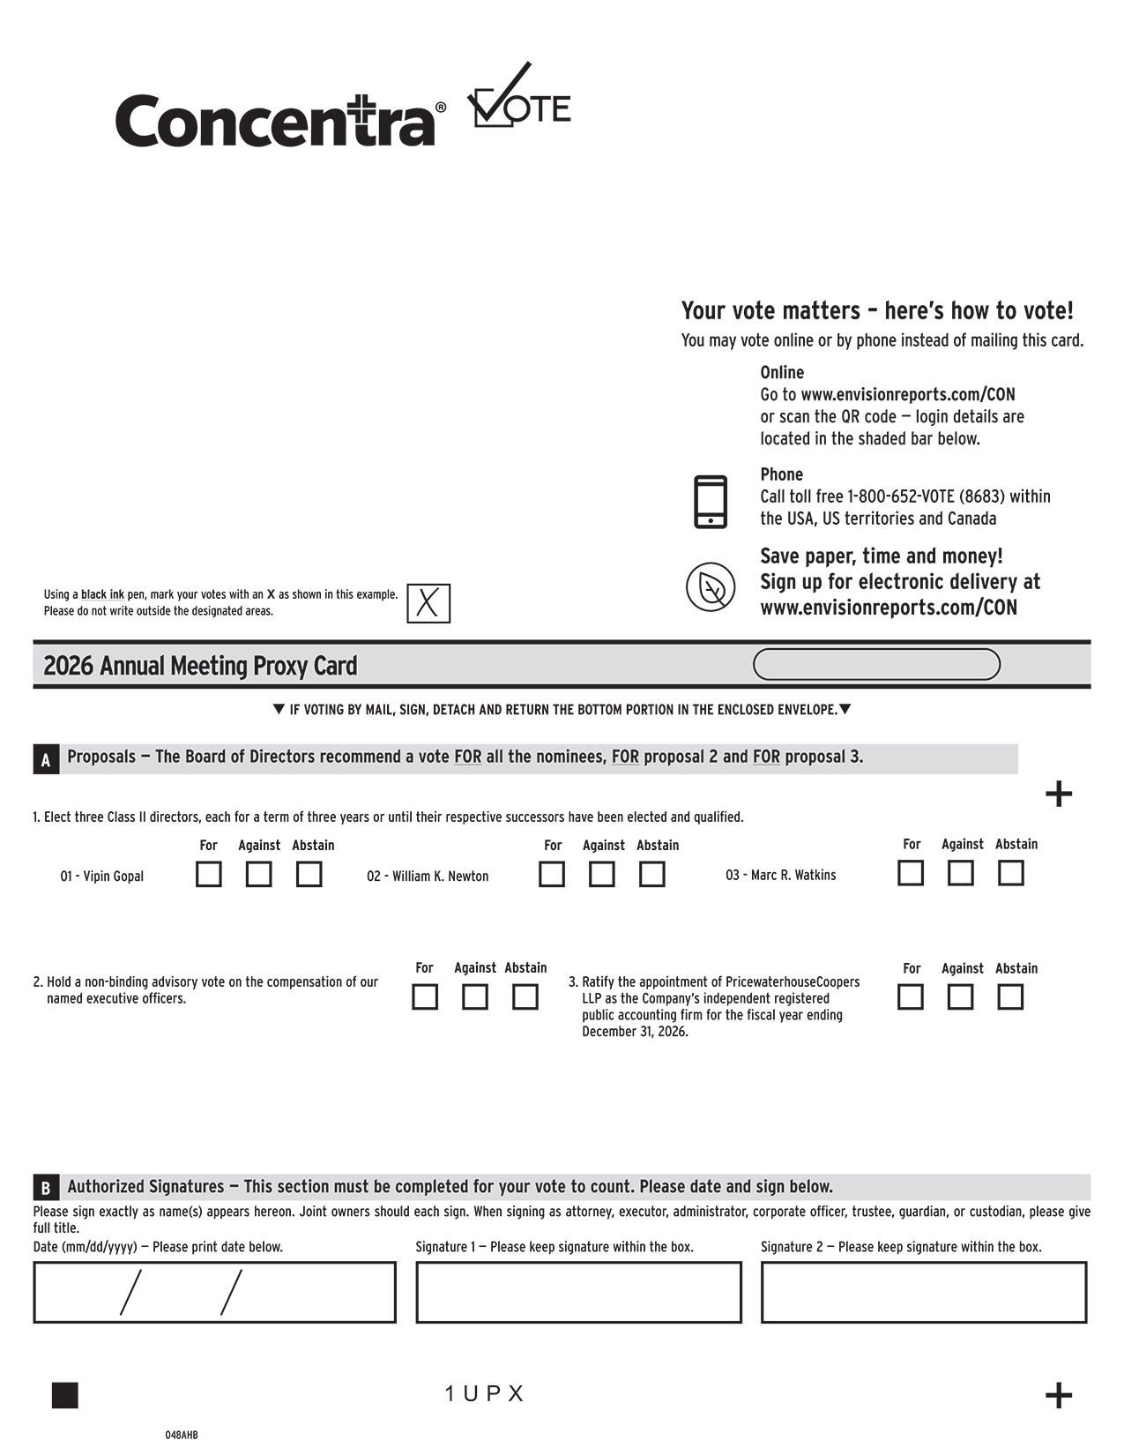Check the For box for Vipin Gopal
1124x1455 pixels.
209,875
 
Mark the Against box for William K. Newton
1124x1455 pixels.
602,875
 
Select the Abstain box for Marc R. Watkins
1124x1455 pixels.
1010,873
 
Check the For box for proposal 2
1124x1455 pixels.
425,997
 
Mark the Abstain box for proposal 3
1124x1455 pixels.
1010,997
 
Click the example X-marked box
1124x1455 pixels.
428,604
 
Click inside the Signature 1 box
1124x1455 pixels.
578,1293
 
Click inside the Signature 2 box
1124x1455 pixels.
924,1293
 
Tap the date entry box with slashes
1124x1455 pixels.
214,1293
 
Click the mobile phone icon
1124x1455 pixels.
711,502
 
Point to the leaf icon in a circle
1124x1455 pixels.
711,586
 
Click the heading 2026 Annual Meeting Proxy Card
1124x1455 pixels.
200,666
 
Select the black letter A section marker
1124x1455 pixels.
46,759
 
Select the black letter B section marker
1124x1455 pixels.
46,1188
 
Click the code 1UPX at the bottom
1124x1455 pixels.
484,1394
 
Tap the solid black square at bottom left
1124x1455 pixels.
65,1395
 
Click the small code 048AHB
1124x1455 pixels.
182,1436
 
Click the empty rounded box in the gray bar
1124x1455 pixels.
876,665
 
